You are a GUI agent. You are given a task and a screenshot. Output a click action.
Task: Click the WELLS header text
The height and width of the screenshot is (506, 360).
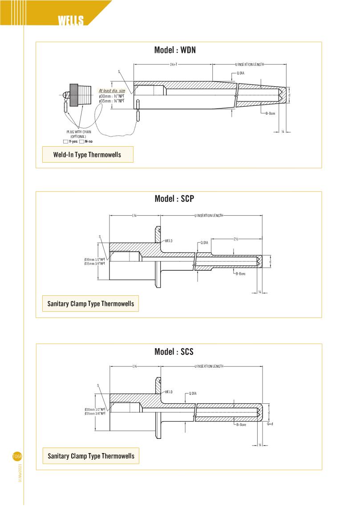pos(70,21)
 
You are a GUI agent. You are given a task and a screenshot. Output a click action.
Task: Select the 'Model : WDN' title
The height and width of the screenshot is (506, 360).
pos(175,50)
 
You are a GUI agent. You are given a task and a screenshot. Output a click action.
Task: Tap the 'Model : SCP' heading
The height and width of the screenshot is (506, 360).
pos(174,199)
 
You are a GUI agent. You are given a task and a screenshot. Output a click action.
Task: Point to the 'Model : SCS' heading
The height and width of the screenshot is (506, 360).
pos(174,352)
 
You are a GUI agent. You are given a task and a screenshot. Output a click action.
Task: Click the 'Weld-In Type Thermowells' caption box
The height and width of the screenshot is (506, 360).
pos(87,155)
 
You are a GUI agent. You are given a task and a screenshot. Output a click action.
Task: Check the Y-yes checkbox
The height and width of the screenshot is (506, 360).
pos(66,141)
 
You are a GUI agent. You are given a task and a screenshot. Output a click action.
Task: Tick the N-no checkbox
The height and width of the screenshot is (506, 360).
pos(82,141)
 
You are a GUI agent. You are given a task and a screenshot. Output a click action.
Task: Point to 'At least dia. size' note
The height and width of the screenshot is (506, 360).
pos(112,91)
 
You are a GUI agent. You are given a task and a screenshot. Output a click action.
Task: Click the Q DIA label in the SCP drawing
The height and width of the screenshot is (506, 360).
pos(204,242)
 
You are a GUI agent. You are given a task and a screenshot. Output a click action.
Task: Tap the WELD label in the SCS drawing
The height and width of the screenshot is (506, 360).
pos(169,392)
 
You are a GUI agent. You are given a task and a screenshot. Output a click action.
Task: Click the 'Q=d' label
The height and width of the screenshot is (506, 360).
pos(270,424)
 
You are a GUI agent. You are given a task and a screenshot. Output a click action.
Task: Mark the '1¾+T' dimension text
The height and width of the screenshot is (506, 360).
pos(174,64)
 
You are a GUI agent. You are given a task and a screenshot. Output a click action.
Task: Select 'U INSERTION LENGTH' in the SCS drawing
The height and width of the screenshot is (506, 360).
pos(209,366)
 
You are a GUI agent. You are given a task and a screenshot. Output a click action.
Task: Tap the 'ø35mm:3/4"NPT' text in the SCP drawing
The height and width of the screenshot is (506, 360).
pos(95,264)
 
